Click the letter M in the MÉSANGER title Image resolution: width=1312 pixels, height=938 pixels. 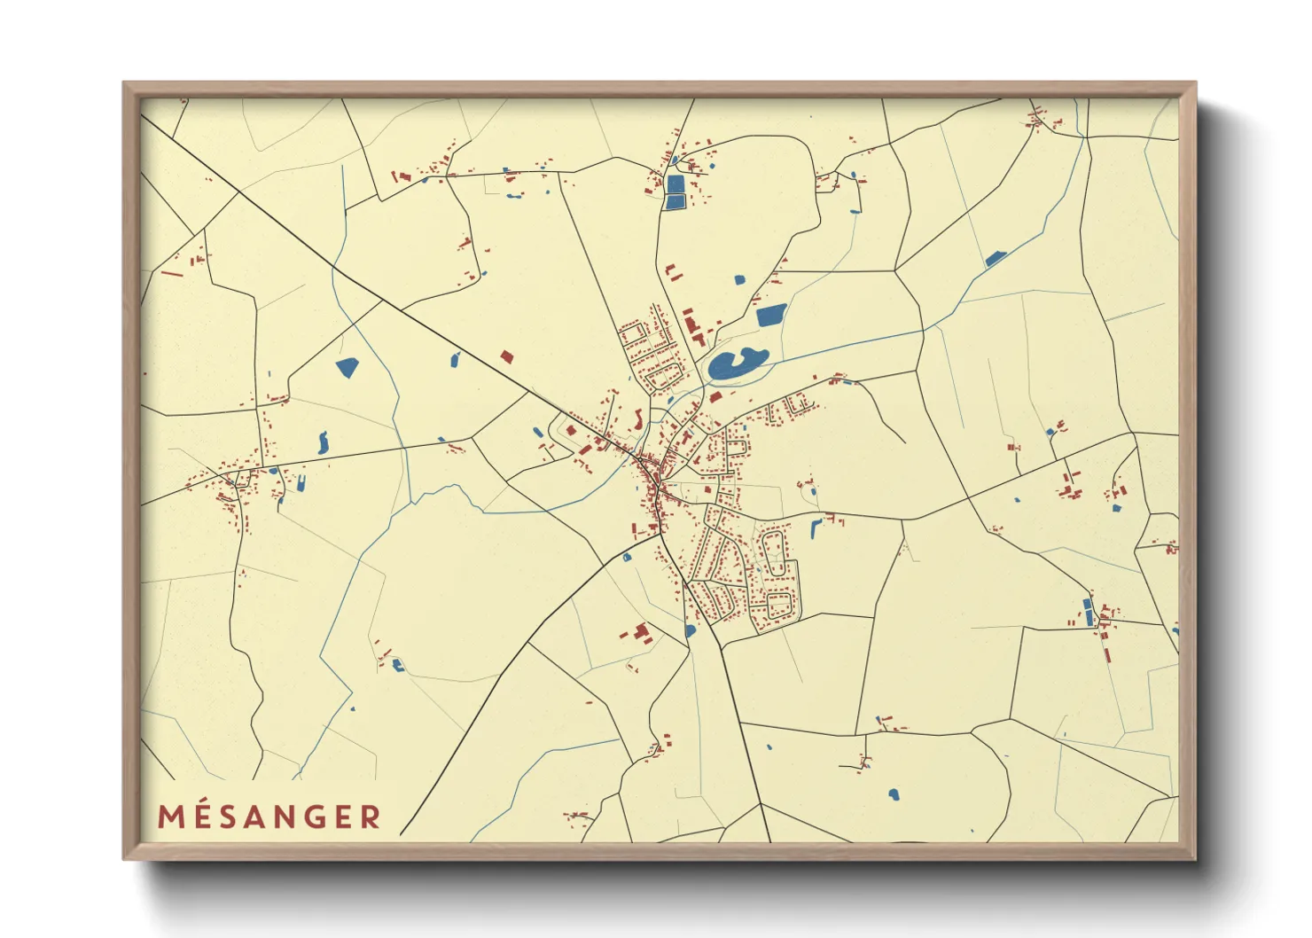click(170, 817)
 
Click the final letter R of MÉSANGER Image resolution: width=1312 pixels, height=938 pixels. click(371, 817)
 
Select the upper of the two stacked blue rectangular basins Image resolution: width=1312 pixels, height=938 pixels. click(676, 184)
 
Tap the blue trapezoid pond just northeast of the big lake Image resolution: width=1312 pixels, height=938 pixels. click(771, 314)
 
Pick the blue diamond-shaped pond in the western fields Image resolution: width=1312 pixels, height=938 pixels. click(347, 366)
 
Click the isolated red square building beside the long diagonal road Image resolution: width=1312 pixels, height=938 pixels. click(506, 356)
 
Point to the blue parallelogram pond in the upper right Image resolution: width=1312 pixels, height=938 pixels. click(996, 259)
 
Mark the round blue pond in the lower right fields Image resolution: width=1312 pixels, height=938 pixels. click(894, 793)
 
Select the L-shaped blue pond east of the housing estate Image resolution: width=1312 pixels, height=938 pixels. click(816, 528)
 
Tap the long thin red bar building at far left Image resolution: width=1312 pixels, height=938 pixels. click(172, 273)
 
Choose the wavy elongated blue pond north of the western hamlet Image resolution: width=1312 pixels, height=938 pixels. click(323, 442)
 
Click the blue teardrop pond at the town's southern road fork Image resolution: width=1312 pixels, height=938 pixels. click(690, 630)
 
